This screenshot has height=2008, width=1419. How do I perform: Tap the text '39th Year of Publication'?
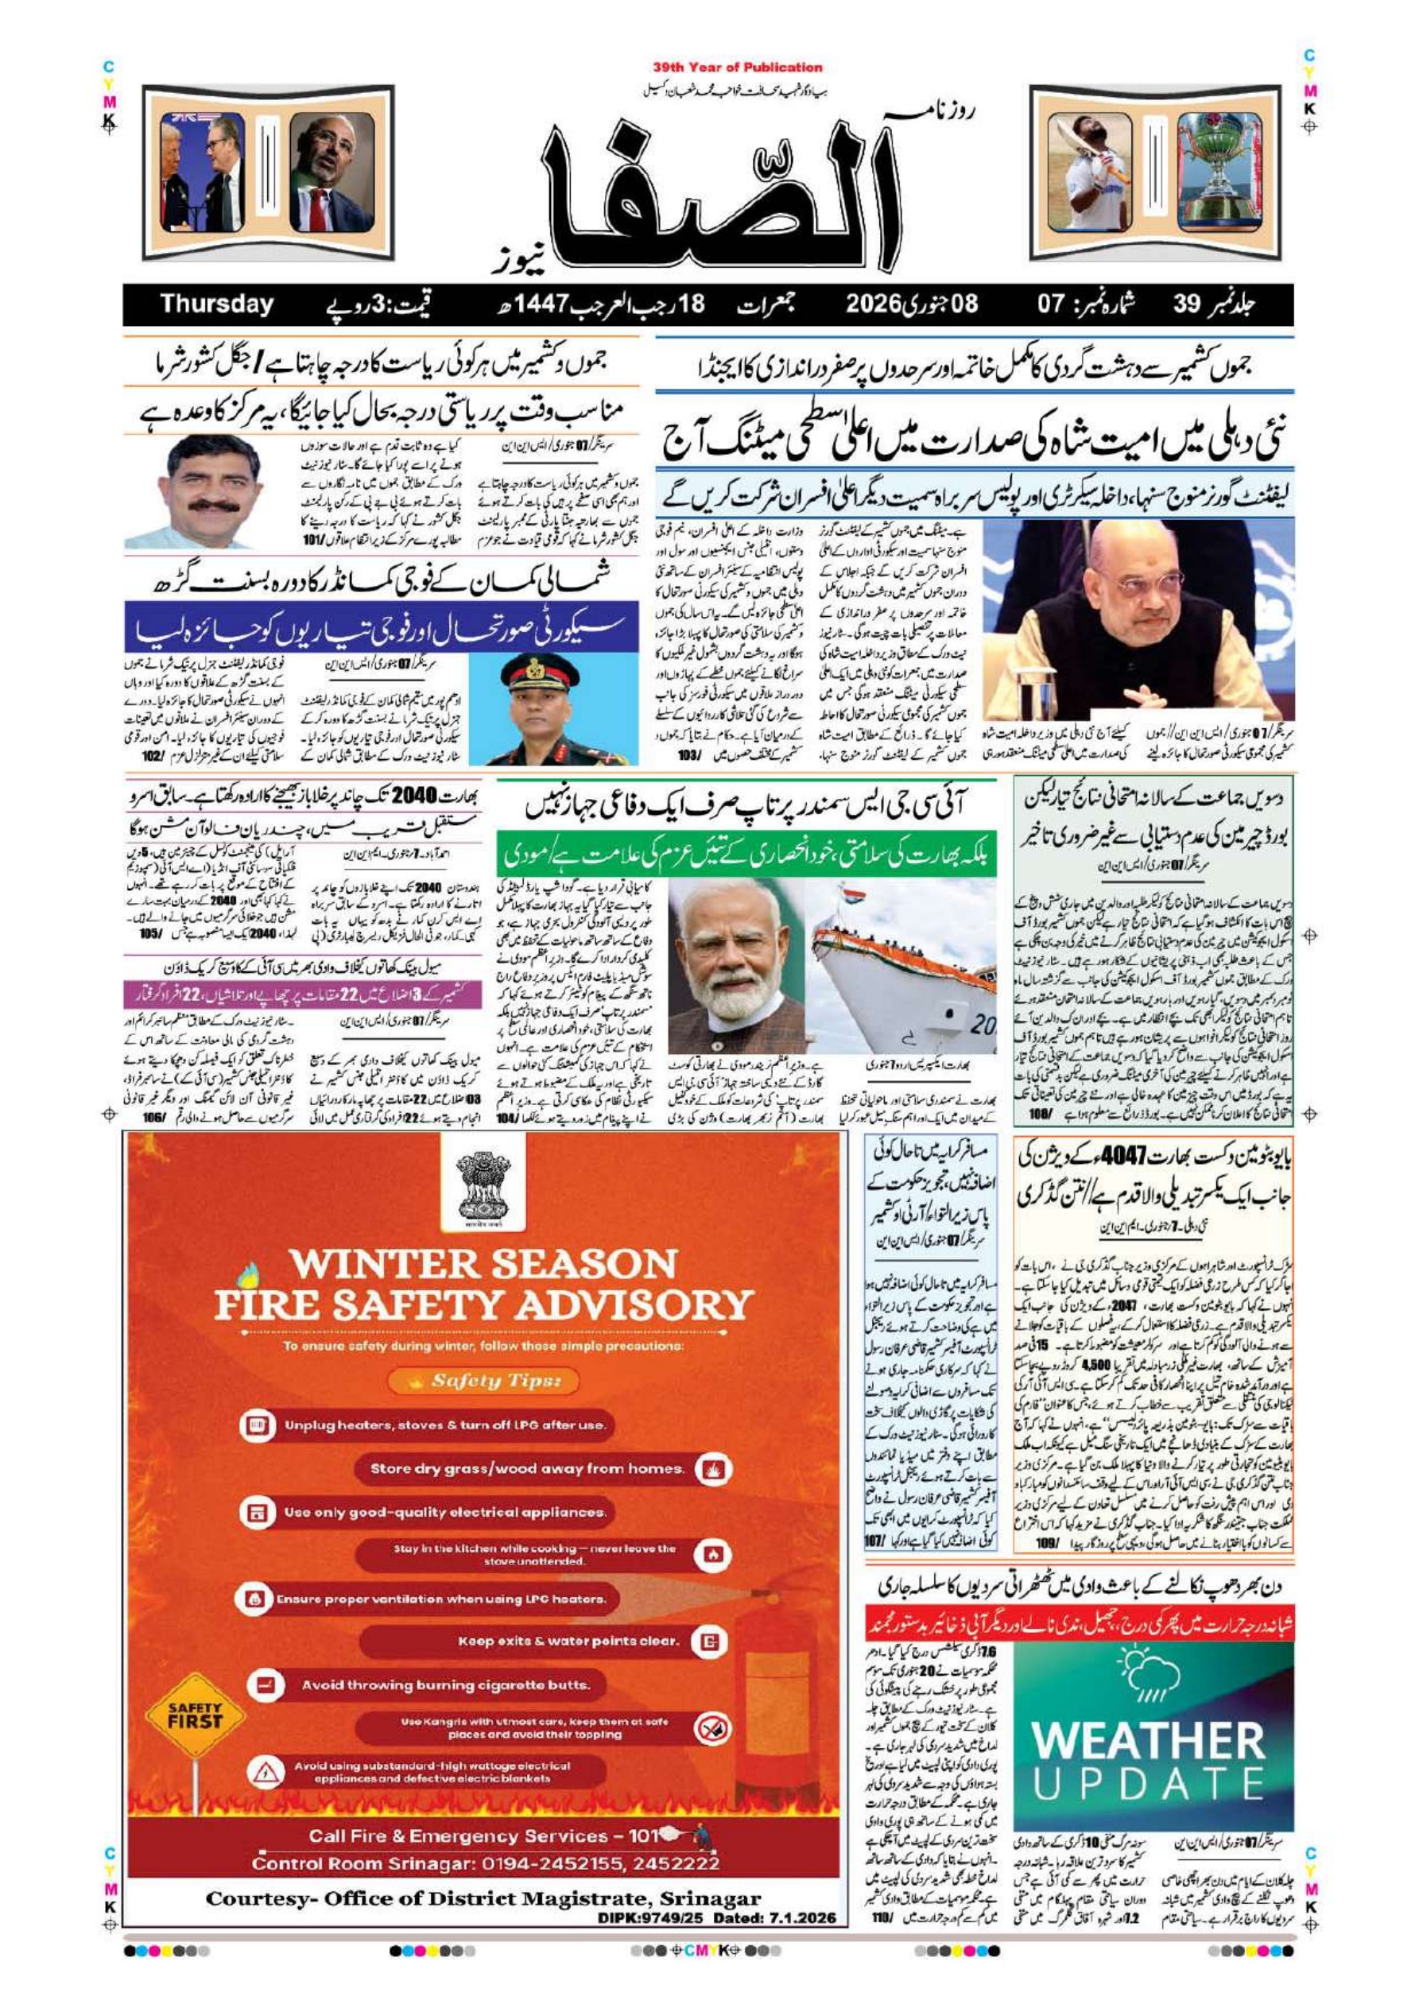tap(737, 68)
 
